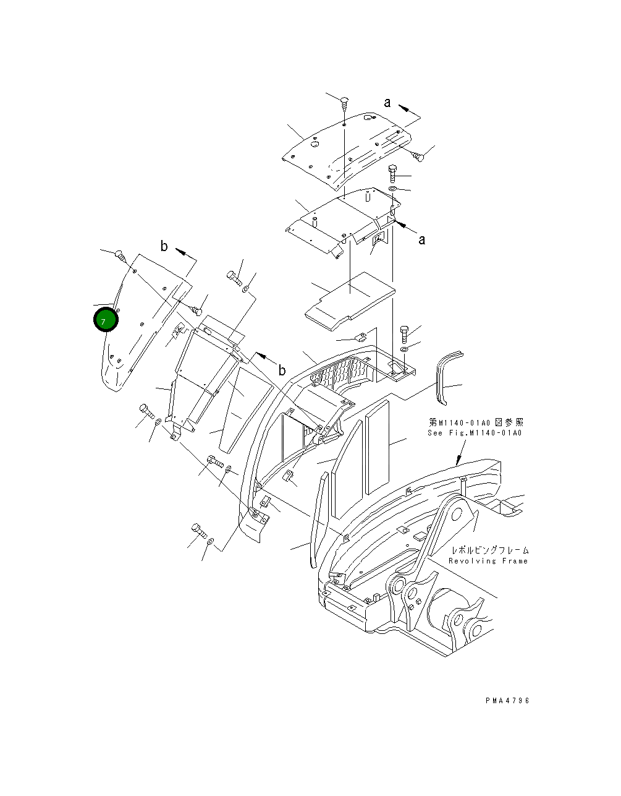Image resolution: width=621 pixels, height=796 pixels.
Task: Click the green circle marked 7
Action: click(105, 321)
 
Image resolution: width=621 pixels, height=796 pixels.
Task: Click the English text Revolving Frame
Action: click(488, 561)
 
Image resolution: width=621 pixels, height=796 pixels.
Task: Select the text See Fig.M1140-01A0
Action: click(475, 433)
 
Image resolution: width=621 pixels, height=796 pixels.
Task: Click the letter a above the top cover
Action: click(387, 103)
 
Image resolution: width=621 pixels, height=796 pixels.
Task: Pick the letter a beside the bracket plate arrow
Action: click(421, 240)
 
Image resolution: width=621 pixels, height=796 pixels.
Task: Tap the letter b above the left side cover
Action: click(164, 247)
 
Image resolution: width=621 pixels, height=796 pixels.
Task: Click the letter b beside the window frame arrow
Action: click(282, 370)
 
